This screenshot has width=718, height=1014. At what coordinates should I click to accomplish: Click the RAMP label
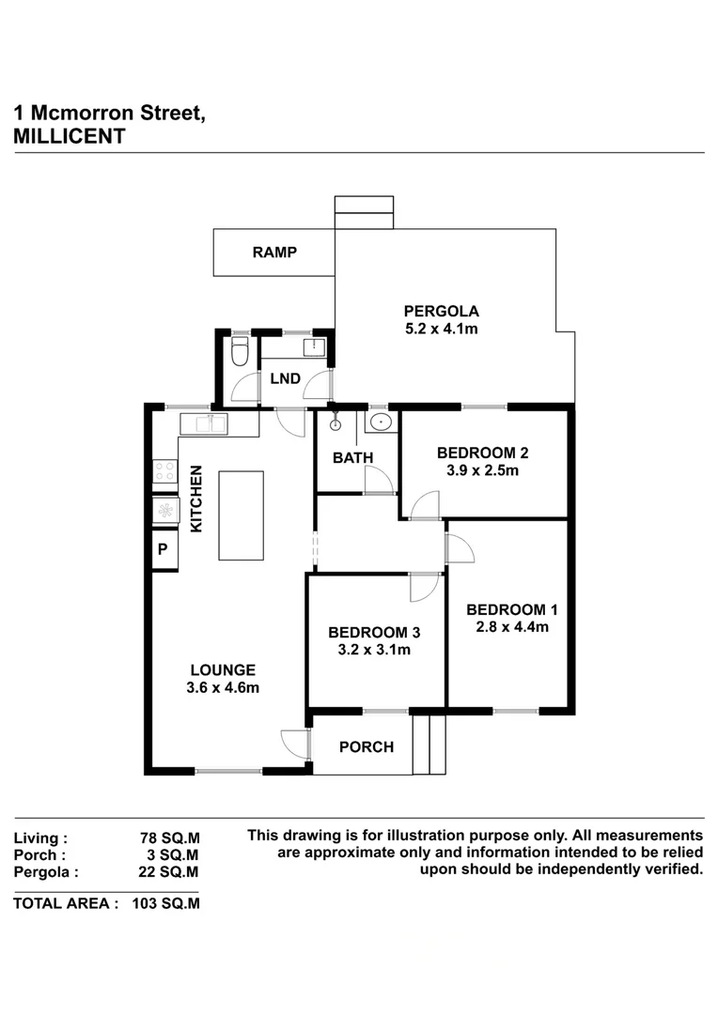coord(274,252)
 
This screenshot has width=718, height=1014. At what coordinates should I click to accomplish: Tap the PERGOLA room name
coord(442,311)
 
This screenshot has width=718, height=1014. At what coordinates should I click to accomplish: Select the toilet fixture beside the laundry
coord(239,354)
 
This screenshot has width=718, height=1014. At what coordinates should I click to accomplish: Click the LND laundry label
coord(285,379)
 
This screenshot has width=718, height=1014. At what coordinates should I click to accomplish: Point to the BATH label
coord(353,457)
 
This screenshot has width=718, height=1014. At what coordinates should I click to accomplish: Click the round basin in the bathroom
coord(381,422)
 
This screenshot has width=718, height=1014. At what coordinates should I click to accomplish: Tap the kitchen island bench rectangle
coord(241,515)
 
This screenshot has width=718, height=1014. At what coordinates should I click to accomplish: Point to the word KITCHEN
coord(196,499)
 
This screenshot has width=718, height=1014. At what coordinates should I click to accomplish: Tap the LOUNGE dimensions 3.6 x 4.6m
coord(224,687)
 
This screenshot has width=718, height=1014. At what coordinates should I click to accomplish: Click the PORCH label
coord(367,747)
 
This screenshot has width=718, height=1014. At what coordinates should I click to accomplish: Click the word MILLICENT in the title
coord(70,136)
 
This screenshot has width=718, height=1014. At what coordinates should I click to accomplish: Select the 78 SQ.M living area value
coord(170,837)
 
